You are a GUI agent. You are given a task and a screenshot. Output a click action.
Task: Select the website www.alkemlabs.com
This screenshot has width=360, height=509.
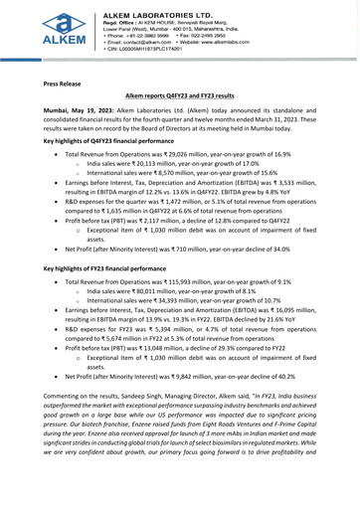(x=260, y=44)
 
